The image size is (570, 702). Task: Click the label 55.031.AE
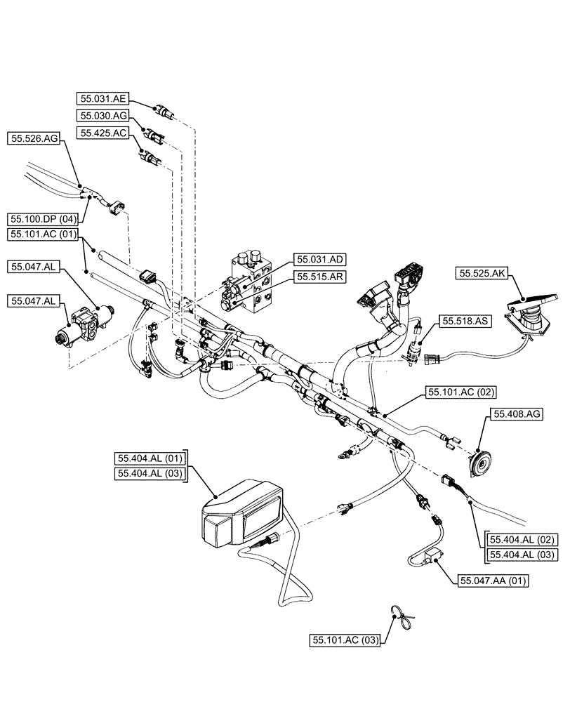pyautogui.click(x=103, y=99)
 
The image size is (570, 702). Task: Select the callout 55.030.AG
pyautogui.click(x=103, y=115)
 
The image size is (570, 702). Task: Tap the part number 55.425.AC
pyautogui.click(x=103, y=132)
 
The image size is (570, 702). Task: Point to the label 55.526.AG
pyautogui.click(x=33, y=140)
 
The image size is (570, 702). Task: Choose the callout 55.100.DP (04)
pyautogui.click(x=45, y=219)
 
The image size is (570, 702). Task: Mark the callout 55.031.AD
pyautogui.click(x=320, y=260)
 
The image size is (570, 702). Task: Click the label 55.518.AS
pyautogui.click(x=465, y=321)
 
